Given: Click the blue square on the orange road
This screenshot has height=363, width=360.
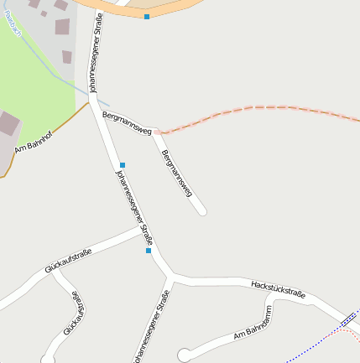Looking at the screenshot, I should (147, 17).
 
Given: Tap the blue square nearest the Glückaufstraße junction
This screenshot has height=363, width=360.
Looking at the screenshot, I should (149, 250).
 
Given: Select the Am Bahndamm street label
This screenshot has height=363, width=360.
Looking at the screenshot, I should (253, 328).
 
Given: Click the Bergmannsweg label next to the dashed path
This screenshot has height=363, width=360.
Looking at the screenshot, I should (126, 122).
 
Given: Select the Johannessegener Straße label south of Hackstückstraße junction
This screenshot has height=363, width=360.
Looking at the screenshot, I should (152, 327).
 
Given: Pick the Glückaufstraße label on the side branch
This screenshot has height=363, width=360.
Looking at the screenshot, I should (75, 314).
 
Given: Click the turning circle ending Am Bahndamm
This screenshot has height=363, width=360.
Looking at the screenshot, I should (184, 355).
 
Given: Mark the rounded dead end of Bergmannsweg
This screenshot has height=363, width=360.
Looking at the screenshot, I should (202, 212).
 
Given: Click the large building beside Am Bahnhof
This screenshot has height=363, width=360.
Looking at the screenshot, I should (8, 124).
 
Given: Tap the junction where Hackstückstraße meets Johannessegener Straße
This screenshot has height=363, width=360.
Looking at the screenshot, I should (170, 276).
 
